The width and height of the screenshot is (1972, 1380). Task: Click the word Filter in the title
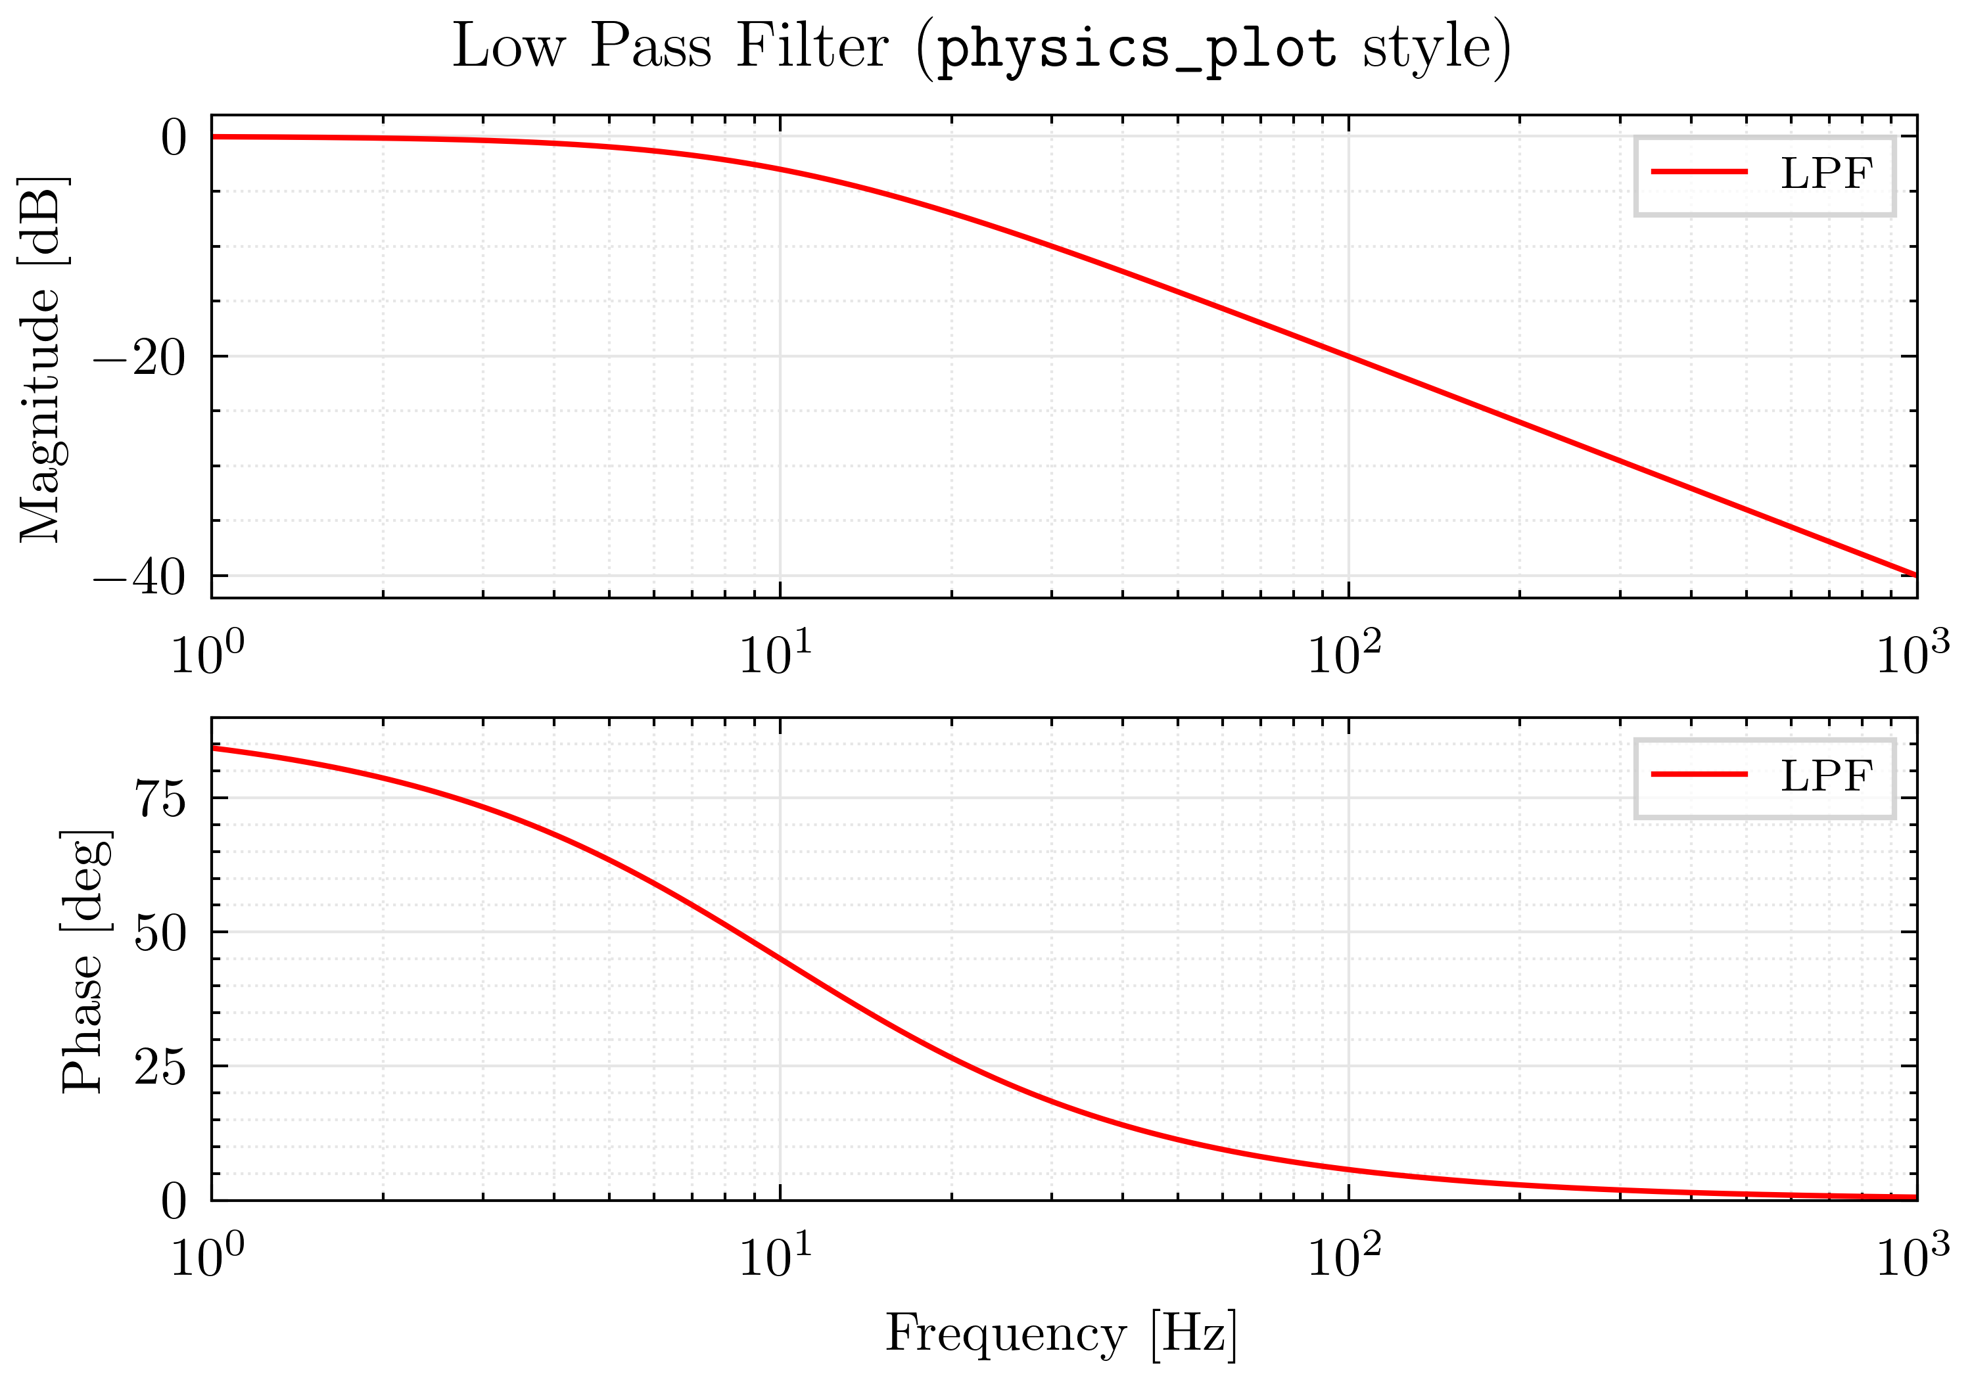(812, 47)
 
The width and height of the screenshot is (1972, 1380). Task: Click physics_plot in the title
(1135, 48)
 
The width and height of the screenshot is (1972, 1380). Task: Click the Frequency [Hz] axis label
(1062, 1333)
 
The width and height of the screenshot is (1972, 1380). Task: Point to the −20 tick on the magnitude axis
(139, 358)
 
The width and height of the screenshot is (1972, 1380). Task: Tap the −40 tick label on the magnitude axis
(139, 578)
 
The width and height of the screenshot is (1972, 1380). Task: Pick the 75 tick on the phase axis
(160, 800)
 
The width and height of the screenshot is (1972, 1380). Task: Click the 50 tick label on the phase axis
(160, 933)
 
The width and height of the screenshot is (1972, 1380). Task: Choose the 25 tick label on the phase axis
(160, 1067)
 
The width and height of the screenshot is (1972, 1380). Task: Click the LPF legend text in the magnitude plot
(1826, 174)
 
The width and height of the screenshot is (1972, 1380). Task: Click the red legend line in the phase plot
(1699, 775)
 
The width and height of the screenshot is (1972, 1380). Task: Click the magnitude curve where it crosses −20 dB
(1348, 356)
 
